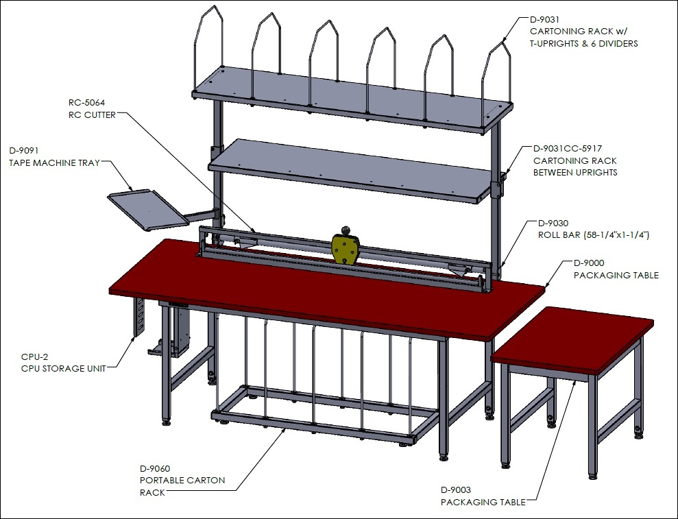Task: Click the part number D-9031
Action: click(545, 19)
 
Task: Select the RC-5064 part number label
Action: click(86, 103)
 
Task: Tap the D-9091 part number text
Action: click(24, 151)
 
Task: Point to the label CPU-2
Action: click(34, 357)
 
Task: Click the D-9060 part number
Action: click(155, 469)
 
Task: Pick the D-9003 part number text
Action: click(456, 490)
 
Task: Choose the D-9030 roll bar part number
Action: click(553, 224)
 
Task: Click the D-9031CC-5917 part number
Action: click(568, 149)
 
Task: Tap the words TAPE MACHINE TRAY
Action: click(54, 163)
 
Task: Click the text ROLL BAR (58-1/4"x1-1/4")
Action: click(593, 235)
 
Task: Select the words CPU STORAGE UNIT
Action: click(64, 368)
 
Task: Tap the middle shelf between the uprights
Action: click(352, 171)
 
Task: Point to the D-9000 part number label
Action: click(589, 263)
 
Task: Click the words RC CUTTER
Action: click(92, 115)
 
